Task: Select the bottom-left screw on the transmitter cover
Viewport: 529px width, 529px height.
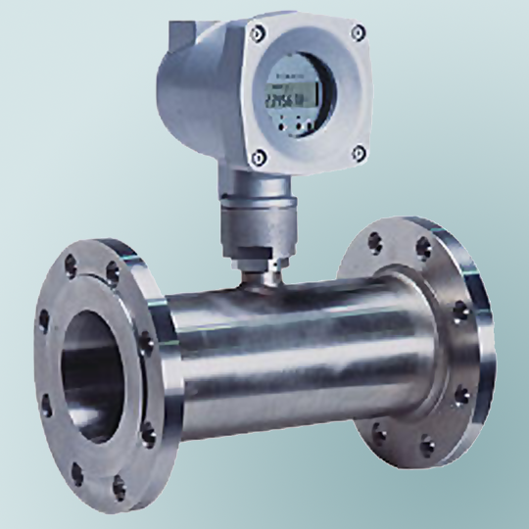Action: tap(258, 155)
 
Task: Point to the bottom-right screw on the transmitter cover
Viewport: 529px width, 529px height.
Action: tap(358, 154)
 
